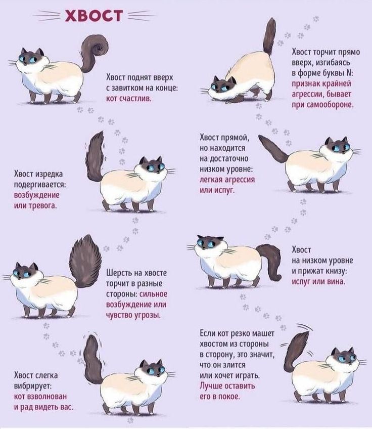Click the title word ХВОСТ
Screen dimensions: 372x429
[94, 15]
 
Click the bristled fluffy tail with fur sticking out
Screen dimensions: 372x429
[85, 261]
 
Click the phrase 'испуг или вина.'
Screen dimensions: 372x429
[319, 281]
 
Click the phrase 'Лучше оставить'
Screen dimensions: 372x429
[227, 385]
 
